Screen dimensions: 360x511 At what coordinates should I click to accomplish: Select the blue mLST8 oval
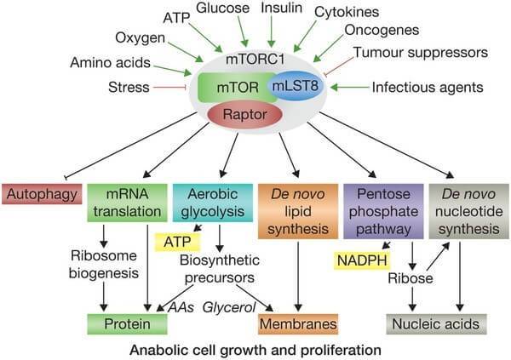[297, 86]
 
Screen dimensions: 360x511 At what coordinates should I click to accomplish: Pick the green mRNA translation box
[127, 203]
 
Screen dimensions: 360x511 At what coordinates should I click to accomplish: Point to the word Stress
[129, 87]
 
